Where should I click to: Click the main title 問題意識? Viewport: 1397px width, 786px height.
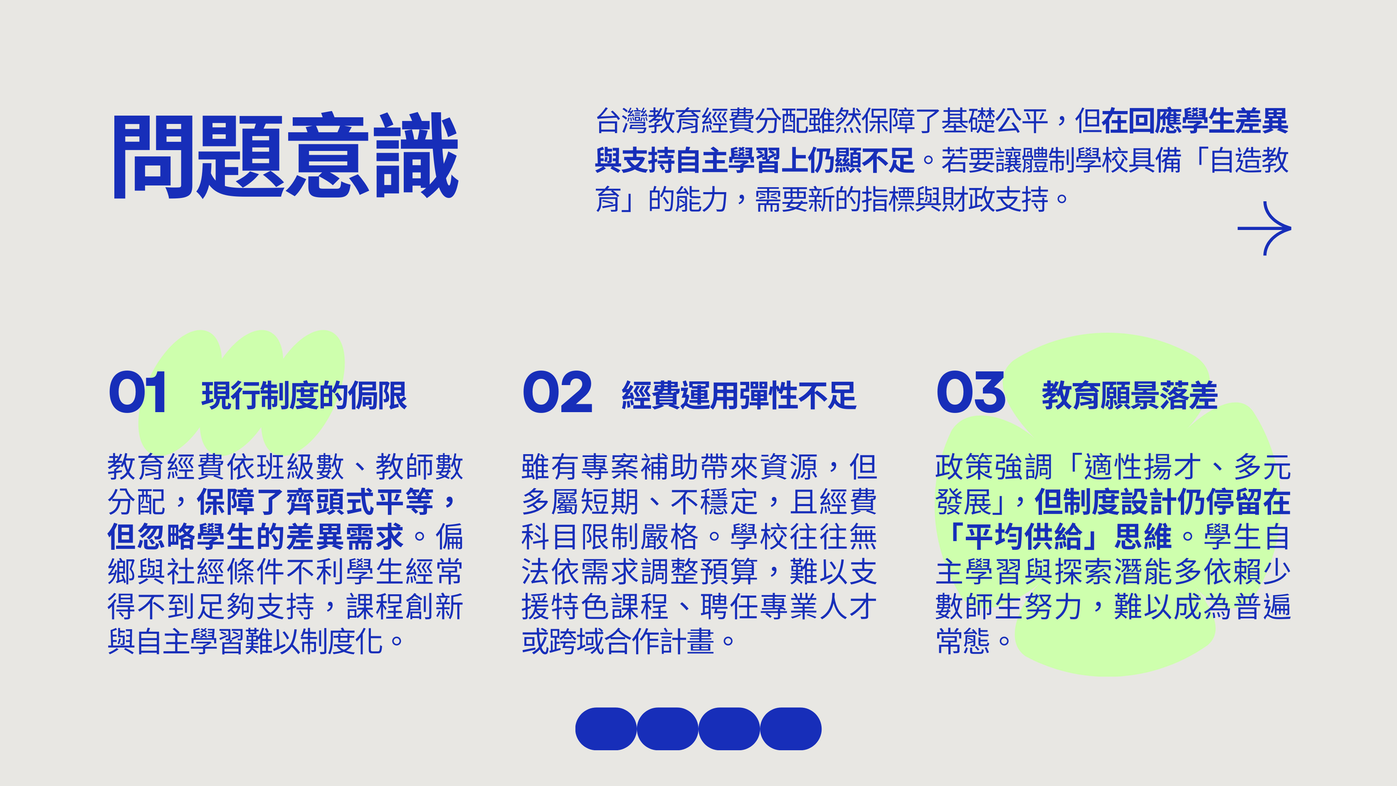(x=286, y=156)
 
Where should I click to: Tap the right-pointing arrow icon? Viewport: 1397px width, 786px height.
(x=1264, y=228)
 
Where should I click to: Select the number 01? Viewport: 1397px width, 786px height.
(x=137, y=392)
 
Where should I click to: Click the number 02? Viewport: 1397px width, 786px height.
(x=557, y=392)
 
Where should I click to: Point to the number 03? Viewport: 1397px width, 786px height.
(x=971, y=392)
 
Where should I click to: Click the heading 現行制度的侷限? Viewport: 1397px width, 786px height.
(x=304, y=395)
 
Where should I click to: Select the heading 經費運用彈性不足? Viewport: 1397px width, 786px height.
(x=739, y=395)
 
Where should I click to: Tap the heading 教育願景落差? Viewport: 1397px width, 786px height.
(x=1130, y=395)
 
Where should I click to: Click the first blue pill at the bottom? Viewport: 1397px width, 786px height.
(x=606, y=729)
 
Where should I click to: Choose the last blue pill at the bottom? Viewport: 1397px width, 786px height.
(x=791, y=729)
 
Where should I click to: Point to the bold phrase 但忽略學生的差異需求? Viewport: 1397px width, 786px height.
(x=255, y=537)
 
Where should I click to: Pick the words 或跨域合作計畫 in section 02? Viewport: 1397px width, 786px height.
(x=618, y=641)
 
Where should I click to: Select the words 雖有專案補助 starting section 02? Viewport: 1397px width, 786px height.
(x=610, y=467)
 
